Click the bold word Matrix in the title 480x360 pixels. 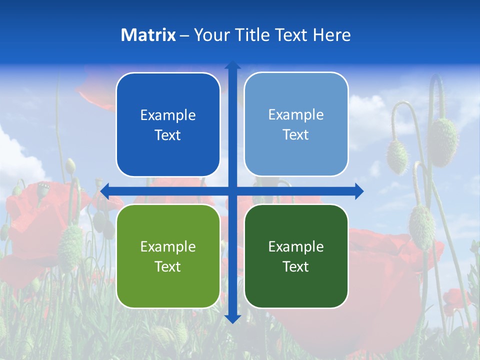pos(148,35)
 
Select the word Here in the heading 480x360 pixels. pos(331,35)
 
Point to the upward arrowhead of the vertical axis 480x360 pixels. pos(232,65)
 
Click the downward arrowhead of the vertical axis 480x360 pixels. pos(232,318)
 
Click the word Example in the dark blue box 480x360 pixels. pos(168,115)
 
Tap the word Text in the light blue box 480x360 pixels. pos(296,135)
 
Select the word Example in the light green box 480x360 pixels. pos(168,247)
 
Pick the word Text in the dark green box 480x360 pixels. pos(296,267)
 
